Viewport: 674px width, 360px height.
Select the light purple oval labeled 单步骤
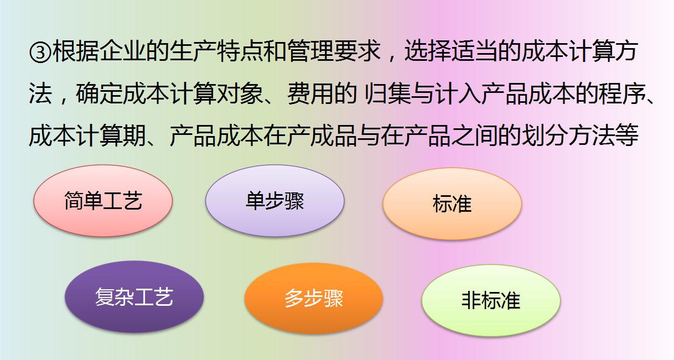[x=274, y=201]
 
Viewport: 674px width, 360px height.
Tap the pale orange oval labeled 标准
[x=452, y=204]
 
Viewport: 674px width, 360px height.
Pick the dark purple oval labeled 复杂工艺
[x=134, y=297]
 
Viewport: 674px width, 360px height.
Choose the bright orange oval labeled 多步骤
[x=314, y=298]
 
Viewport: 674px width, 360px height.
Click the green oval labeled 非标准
[x=491, y=301]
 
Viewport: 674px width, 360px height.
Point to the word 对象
[x=239, y=95]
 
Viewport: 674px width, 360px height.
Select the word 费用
[x=310, y=95]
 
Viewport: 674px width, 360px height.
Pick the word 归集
[x=388, y=95]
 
